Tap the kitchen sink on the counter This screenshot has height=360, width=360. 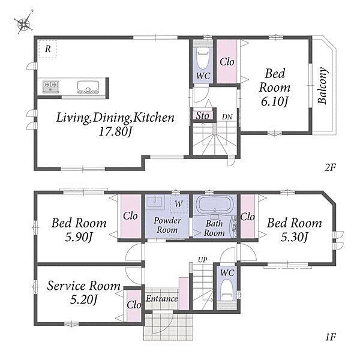(87, 87)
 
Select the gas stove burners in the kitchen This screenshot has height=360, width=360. (51, 87)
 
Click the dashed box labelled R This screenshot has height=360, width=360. (47, 49)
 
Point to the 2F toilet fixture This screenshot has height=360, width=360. (203, 58)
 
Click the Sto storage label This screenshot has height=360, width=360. (203, 116)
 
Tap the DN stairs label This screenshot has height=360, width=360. (227, 117)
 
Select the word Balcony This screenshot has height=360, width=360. (322, 86)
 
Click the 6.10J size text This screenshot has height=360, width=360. (274, 101)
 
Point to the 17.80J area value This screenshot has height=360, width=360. (116, 131)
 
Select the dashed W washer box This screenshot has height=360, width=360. (179, 204)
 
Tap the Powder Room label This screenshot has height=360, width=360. (167, 225)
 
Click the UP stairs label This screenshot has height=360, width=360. (203, 260)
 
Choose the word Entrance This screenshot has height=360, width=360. (162, 298)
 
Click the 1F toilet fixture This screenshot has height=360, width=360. (227, 290)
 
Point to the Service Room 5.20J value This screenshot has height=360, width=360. (84, 299)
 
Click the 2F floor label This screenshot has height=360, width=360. (330, 168)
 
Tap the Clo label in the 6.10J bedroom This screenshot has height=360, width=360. (227, 62)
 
